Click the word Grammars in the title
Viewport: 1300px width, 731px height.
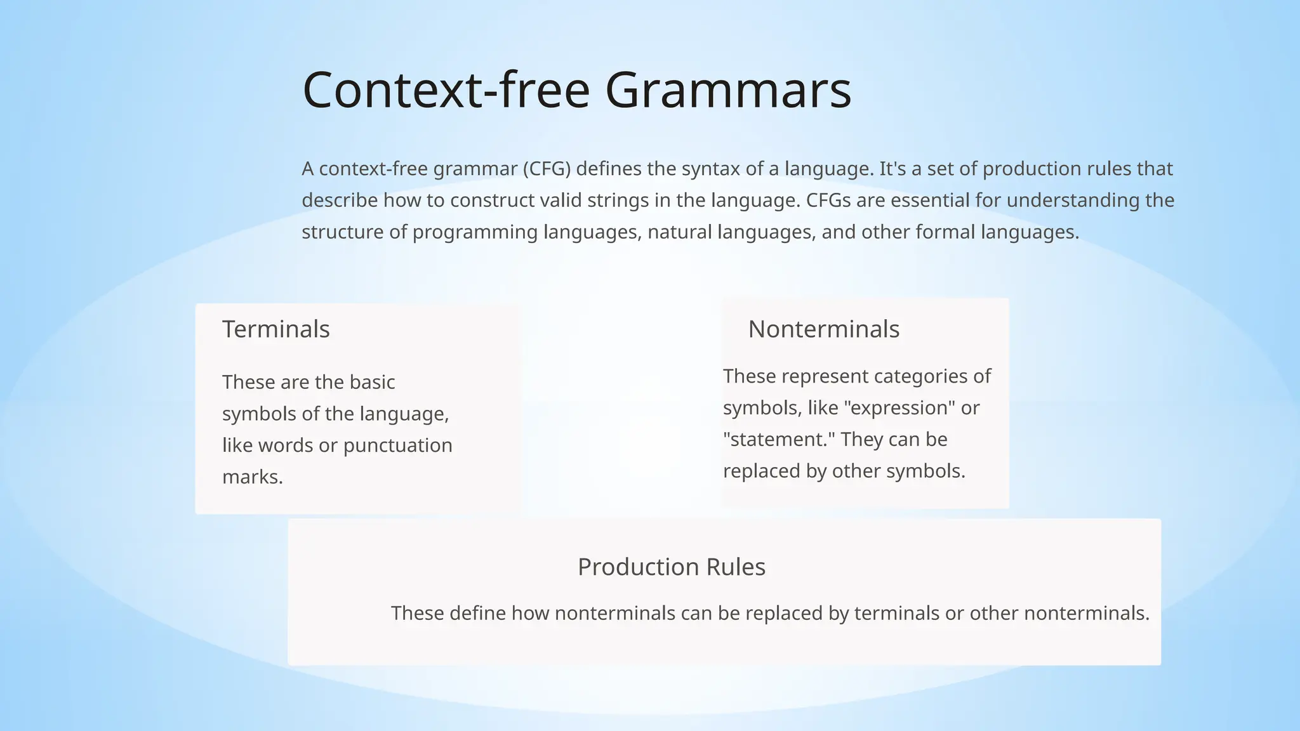pyautogui.click(x=728, y=90)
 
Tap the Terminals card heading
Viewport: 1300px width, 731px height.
pyautogui.click(x=275, y=329)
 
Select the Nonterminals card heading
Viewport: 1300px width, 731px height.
pyautogui.click(x=823, y=329)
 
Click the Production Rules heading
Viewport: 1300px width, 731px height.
pyautogui.click(x=671, y=567)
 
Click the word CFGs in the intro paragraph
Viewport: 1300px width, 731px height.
pyautogui.click(x=828, y=201)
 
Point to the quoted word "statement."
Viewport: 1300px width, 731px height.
pyautogui.click(x=776, y=440)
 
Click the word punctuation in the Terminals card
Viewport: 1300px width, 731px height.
pyautogui.click(x=397, y=445)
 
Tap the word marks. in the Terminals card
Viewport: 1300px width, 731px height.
pyautogui.click(x=253, y=477)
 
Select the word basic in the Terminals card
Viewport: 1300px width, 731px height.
pyautogui.click(x=370, y=382)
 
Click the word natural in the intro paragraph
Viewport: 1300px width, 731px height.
pyautogui.click(x=679, y=232)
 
